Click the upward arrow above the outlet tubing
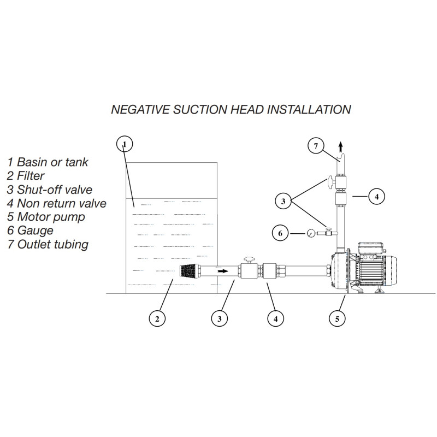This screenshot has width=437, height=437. (x=340, y=146)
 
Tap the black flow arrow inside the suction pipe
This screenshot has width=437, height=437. (x=223, y=271)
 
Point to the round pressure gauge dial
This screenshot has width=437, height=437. (x=310, y=233)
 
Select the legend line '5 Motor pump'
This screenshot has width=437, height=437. (x=46, y=217)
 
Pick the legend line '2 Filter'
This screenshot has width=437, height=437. (x=26, y=175)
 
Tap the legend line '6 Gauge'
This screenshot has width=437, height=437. (x=30, y=231)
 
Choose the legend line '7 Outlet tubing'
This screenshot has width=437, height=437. (x=48, y=244)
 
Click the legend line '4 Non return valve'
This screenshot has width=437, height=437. (x=57, y=203)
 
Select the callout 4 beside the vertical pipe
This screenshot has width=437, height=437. (x=376, y=197)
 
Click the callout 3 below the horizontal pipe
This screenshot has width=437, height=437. (x=220, y=318)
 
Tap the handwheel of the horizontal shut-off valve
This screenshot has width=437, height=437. (x=249, y=260)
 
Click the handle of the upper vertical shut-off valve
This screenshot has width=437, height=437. (x=331, y=182)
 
